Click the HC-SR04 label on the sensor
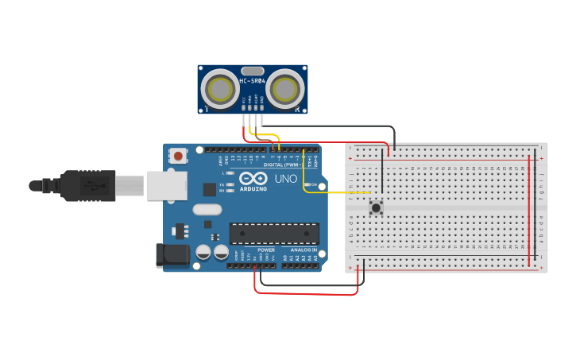[252, 81]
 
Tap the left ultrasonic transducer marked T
[218, 89]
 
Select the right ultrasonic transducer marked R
[286, 89]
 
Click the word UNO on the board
[285, 179]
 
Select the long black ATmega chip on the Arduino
[274, 233]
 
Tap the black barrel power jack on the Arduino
[172, 254]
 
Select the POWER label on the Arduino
[266, 250]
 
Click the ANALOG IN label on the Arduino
[303, 250]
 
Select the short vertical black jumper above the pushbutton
[382, 176]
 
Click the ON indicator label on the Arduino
[315, 185]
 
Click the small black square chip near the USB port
[210, 189]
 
